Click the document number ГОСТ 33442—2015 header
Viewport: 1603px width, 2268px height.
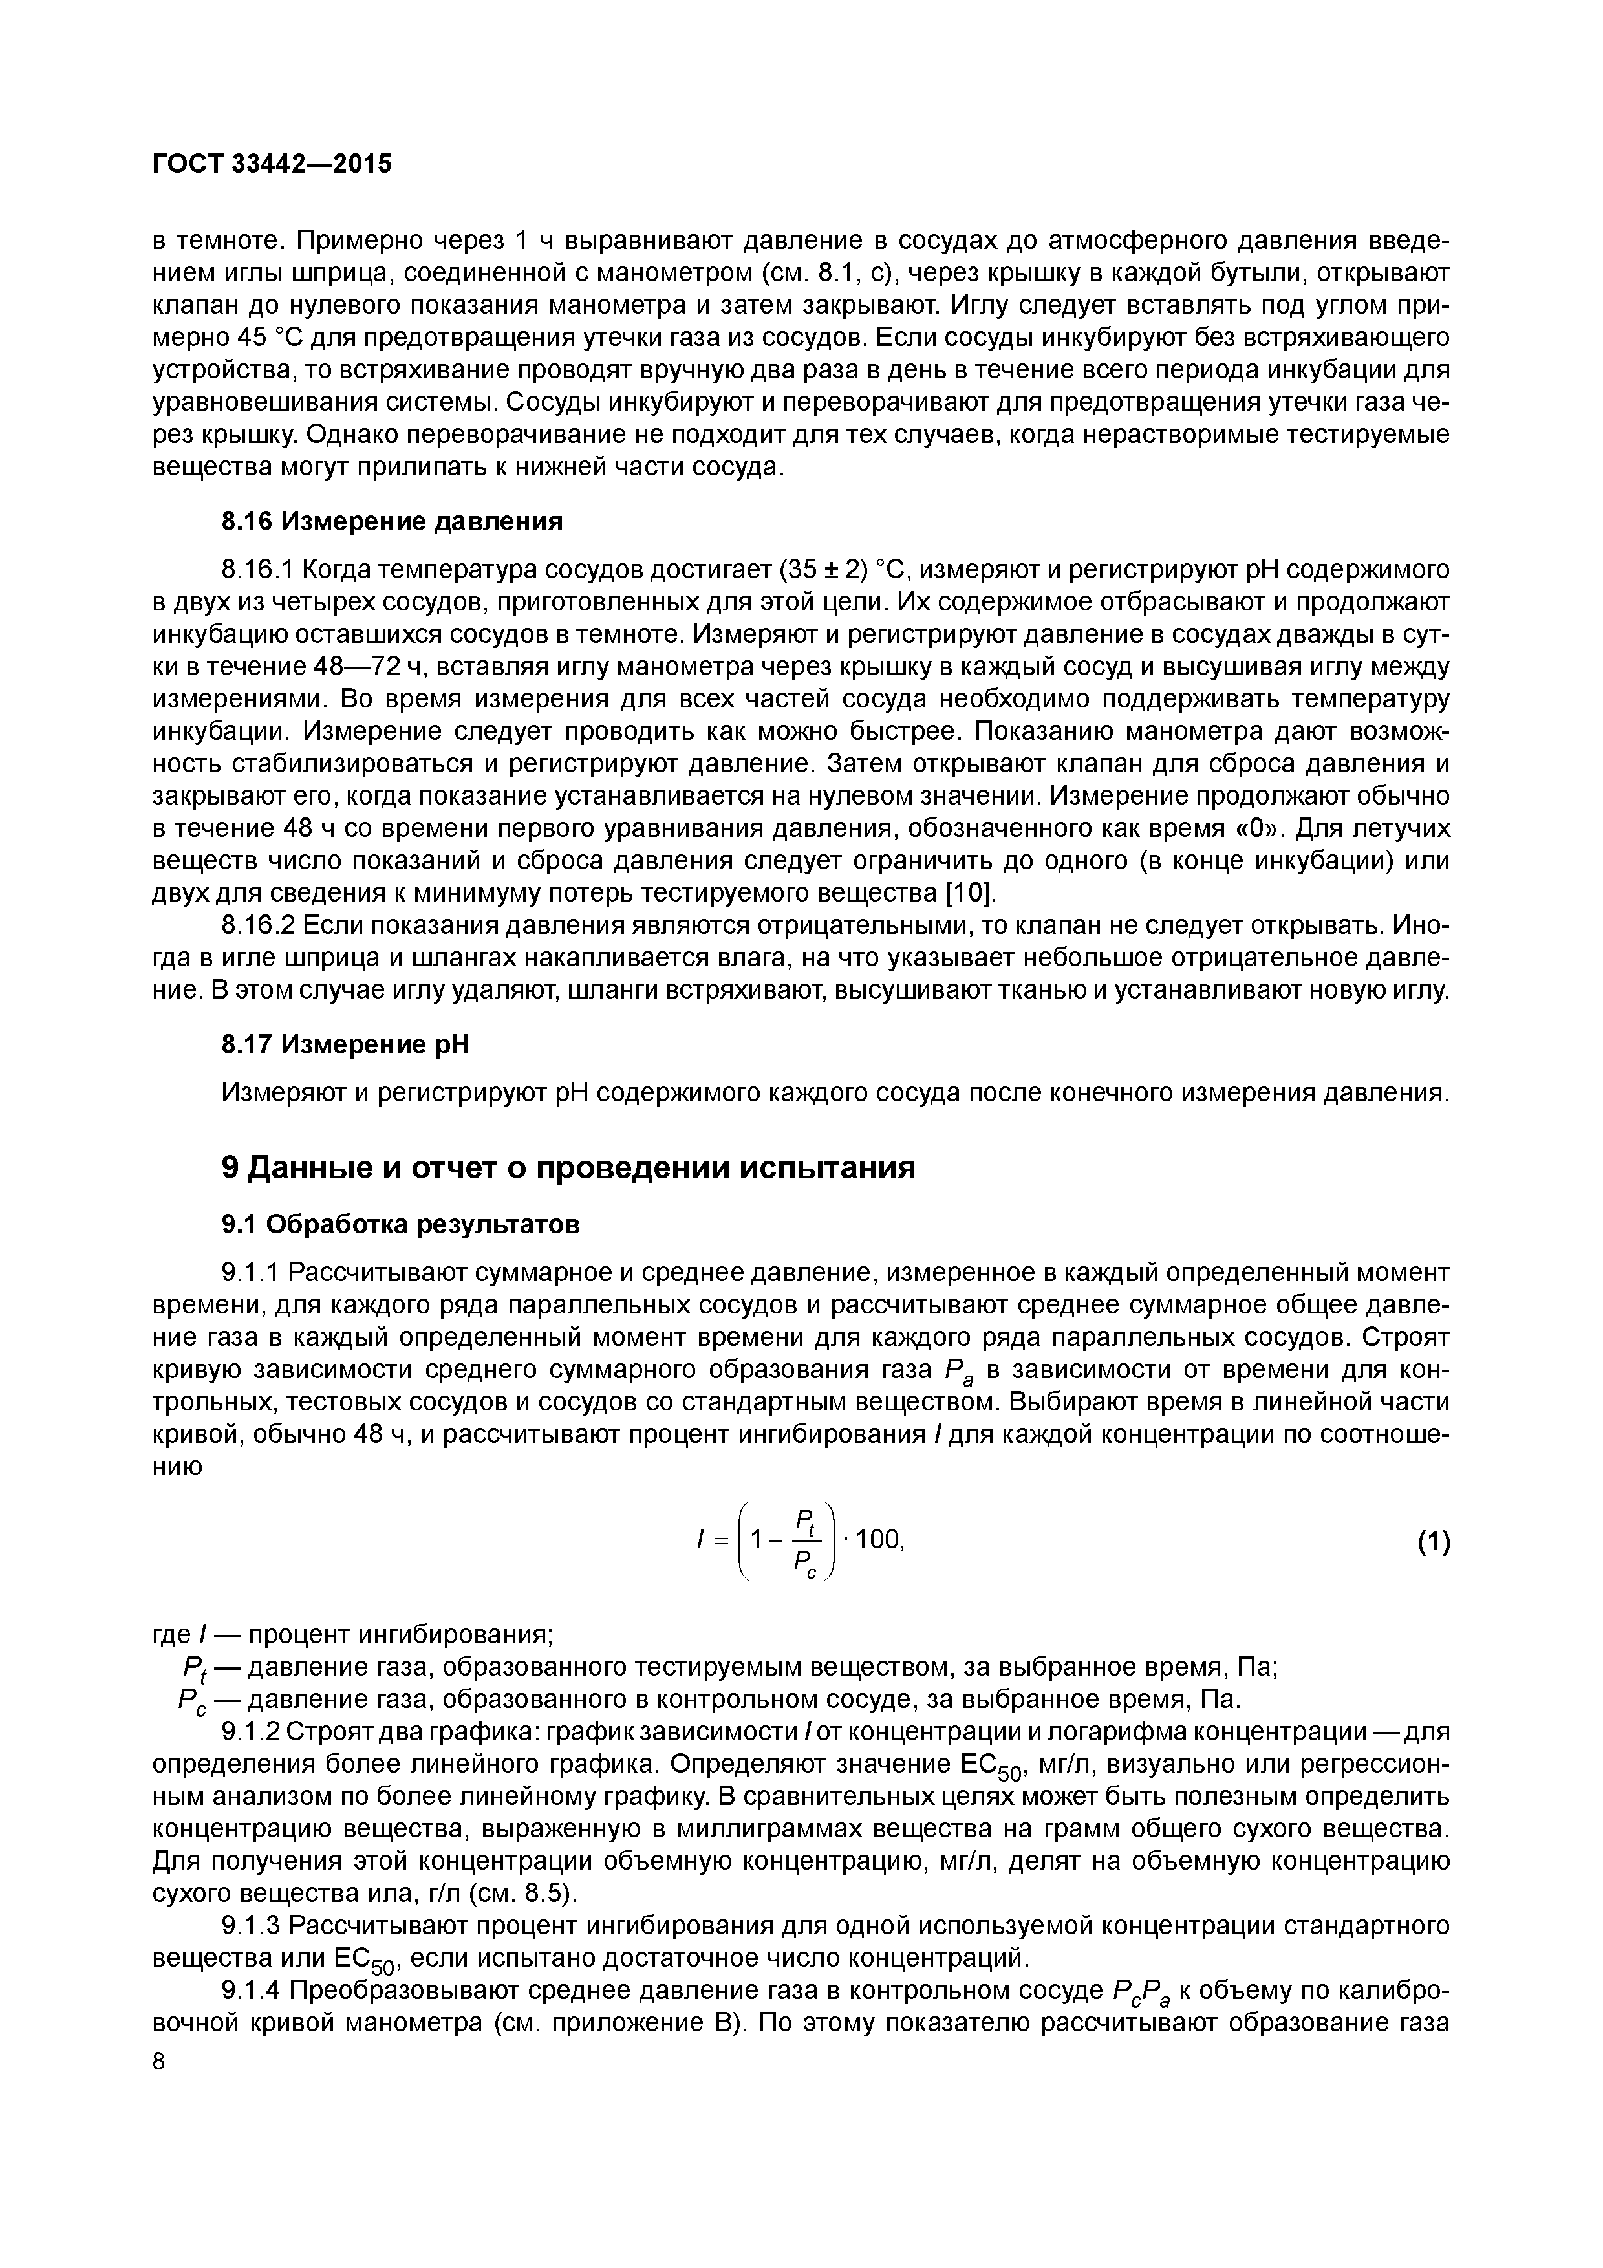(x=272, y=165)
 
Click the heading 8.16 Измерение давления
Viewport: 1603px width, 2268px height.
(x=391, y=521)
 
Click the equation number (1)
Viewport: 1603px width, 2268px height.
(x=1433, y=1541)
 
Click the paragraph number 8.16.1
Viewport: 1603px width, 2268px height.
(x=258, y=570)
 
